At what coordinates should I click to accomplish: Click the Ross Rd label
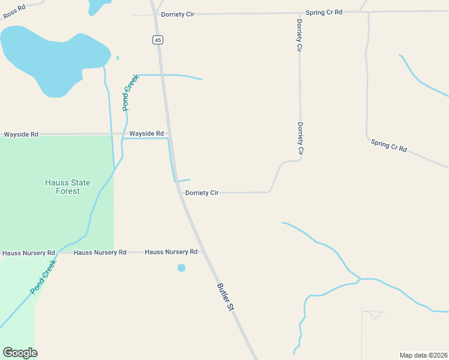pos(13,11)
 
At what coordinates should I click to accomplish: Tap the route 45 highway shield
pos(157,40)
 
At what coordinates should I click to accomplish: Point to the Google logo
pos(20,353)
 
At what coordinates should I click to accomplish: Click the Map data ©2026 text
pos(423,355)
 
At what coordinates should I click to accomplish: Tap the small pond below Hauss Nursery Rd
pos(181,268)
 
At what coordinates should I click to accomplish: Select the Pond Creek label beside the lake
pos(130,92)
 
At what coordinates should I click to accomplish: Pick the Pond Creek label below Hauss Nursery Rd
pos(43,277)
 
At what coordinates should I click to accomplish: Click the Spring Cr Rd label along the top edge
pos(324,12)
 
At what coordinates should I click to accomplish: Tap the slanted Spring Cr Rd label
pos(388,145)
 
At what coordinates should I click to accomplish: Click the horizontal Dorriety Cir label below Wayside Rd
pos(202,193)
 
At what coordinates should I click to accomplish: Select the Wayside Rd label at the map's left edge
pos(21,134)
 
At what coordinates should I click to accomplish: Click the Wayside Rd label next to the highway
pos(146,133)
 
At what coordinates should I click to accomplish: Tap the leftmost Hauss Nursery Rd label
pos(28,253)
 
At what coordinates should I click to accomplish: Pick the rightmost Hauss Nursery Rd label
pos(171,252)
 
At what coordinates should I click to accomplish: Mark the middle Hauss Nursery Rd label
pos(100,253)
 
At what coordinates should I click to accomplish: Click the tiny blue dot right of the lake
pos(117,58)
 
